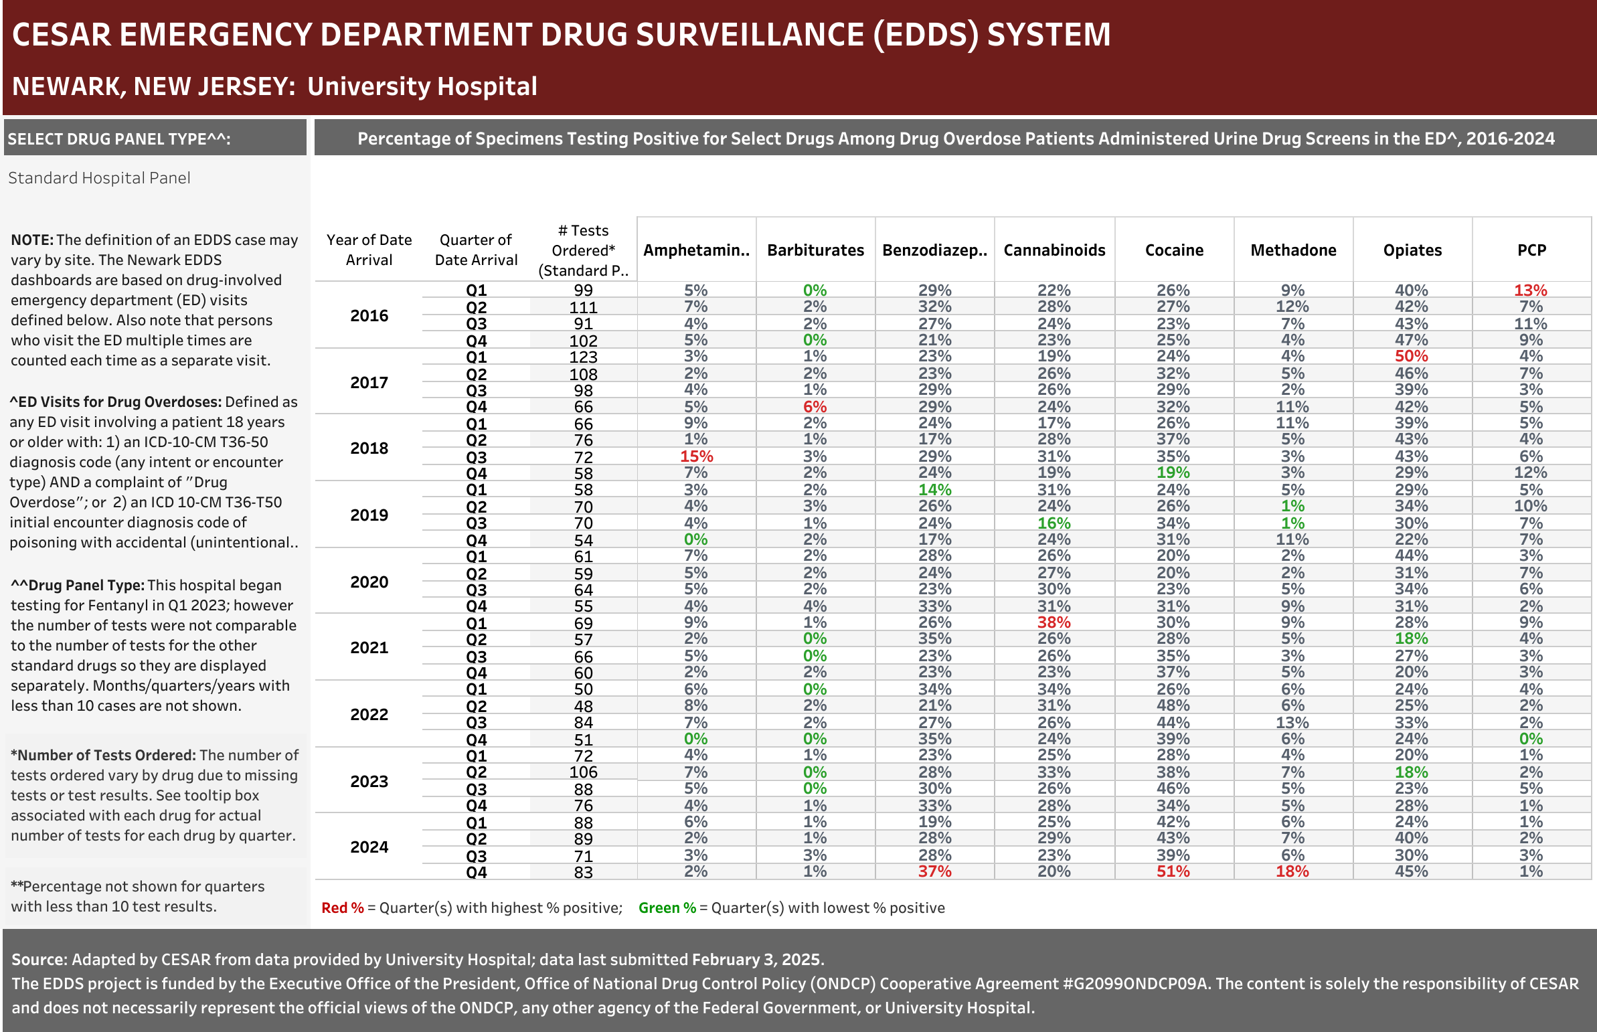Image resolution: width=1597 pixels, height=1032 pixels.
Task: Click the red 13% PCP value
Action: [x=1531, y=290]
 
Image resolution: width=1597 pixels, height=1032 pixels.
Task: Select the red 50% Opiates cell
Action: [x=1412, y=356]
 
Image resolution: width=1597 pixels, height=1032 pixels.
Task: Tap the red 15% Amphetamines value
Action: [x=696, y=456]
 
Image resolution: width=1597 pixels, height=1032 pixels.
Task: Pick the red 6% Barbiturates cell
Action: [x=815, y=407]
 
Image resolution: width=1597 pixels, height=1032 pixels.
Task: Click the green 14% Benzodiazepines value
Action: [x=935, y=490]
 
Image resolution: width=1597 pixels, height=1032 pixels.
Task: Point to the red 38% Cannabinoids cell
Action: [x=1054, y=622]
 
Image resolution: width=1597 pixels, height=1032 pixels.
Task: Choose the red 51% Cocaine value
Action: [x=1173, y=871]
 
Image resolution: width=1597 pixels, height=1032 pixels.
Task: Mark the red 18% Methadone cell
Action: [x=1292, y=871]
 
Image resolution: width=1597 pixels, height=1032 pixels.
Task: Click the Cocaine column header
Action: [x=1174, y=250]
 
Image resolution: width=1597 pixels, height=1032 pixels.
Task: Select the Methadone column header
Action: [x=1293, y=250]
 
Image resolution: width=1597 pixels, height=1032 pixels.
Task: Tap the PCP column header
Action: [x=1531, y=250]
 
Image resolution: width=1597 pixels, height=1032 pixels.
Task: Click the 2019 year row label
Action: [x=369, y=515]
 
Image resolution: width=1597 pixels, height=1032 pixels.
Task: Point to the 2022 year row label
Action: [x=369, y=714]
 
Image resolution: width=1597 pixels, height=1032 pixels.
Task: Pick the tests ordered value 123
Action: [x=583, y=357]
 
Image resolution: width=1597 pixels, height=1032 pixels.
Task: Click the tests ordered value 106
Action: [x=583, y=772]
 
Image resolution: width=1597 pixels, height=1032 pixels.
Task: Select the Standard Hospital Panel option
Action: [x=99, y=177]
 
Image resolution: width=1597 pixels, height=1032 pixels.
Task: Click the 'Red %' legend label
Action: [x=343, y=908]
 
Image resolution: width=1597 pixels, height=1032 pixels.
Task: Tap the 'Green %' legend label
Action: [x=667, y=908]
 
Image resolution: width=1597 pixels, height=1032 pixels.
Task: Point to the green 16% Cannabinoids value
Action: [x=1054, y=523]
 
